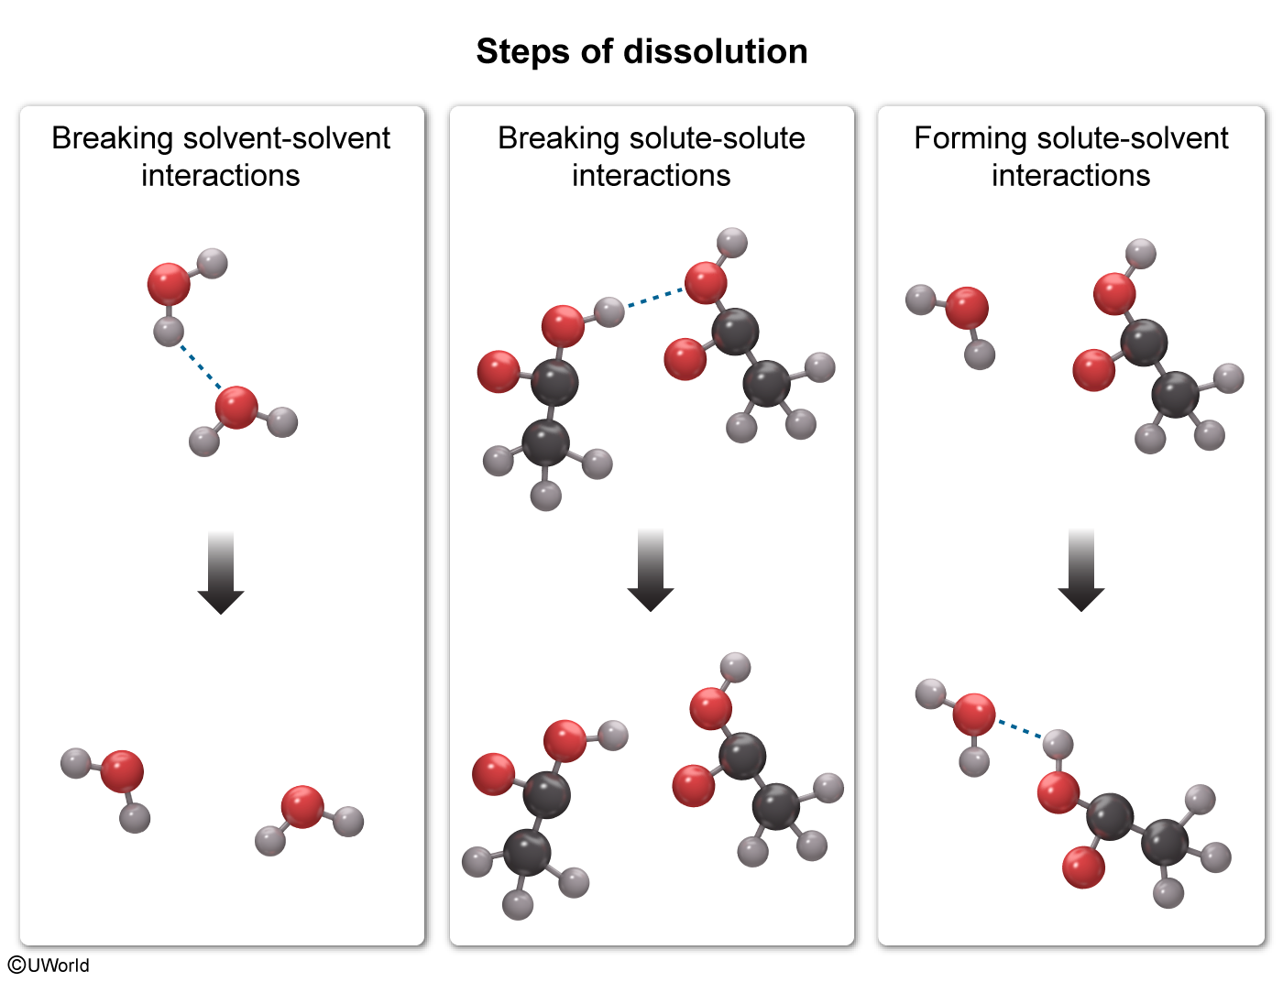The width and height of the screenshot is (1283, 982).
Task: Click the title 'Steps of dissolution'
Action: tap(641, 51)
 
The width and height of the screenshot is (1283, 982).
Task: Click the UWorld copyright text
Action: tap(49, 965)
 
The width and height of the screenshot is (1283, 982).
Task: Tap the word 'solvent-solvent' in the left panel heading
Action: tap(286, 138)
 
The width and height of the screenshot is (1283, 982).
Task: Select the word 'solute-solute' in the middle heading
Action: tap(717, 138)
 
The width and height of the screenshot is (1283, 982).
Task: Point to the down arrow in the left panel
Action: tap(221, 573)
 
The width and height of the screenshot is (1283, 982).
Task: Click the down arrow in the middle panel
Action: tap(651, 571)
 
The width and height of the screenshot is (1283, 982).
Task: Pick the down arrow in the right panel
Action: tap(1081, 571)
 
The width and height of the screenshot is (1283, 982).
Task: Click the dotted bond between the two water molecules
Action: tap(199, 366)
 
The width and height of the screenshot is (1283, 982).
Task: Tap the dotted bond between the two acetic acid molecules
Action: tap(654, 298)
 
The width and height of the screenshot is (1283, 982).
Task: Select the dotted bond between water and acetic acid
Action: tap(1019, 729)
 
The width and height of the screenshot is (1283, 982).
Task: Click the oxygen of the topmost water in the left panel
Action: tap(169, 284)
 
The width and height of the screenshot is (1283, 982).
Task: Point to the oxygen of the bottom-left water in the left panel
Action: tap(122, 771)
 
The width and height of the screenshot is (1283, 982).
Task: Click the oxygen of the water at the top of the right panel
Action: tap(967, 308)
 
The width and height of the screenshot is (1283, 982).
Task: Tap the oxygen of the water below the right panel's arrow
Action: tap(973, 715)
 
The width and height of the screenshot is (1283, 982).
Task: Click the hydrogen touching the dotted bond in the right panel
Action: tap(1058, 744)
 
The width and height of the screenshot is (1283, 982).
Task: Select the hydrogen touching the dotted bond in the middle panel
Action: tap(609, 312)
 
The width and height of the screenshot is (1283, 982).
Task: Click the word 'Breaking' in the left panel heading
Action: tap(112, 138)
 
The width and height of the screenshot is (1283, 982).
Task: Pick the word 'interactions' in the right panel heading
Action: tap(1070, 175)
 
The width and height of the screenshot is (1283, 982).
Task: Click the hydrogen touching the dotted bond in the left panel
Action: tap(169, 332)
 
